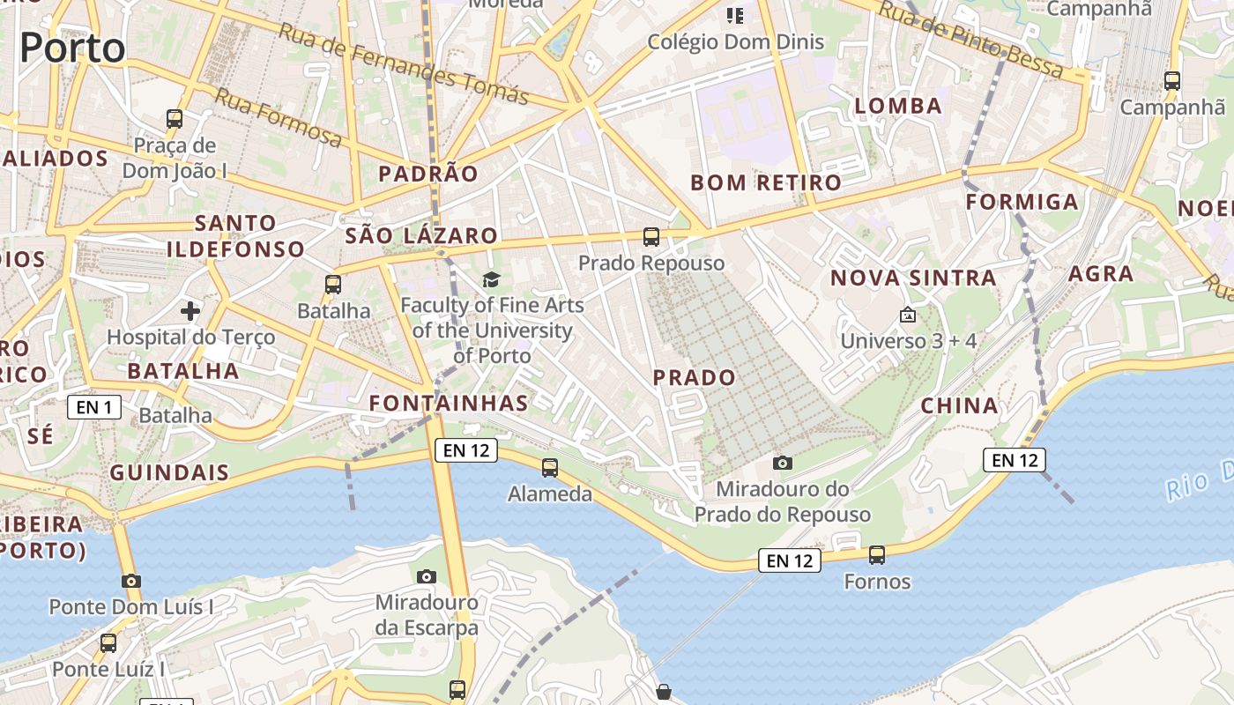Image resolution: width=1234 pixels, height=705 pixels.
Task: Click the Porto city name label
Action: [x=72, y=48]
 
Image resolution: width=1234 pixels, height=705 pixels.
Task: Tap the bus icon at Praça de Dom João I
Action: [x=175, y=118]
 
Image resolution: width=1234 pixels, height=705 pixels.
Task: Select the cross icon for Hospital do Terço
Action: [x=190, y=310]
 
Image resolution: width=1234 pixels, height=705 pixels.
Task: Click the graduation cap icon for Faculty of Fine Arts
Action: [x=491, y=279]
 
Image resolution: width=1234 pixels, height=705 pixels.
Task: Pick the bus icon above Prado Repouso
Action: [x=651, y=236]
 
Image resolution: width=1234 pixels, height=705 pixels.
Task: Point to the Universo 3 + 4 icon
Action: [x=908, y=315]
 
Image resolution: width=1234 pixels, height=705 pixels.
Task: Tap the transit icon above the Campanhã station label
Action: [x=1172, y=81]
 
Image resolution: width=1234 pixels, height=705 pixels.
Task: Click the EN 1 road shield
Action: [x=94, y=407]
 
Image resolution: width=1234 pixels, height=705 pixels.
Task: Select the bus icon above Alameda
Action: [x=550, y=467]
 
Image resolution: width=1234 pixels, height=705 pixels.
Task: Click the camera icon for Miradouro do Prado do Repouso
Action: [x=782, y=463]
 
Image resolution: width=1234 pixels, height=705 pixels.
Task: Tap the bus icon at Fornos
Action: [x=877, y=554]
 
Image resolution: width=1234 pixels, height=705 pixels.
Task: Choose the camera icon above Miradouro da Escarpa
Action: [x=427, y=576]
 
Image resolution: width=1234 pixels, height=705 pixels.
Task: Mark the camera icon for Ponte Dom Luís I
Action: [x=131, y=581]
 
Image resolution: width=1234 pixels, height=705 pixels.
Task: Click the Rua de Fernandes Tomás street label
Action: [x=404, y=63]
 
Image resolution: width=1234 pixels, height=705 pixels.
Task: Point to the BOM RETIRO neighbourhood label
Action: [x=766, y=182]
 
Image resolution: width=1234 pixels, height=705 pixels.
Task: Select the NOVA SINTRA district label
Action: [x=913, y=278]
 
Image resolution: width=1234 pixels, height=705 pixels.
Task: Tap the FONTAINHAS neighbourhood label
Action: [x=448, y=404]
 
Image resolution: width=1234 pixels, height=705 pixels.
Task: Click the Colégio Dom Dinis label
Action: [x=736, y=41]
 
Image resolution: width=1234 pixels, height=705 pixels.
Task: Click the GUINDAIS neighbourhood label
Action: [x=169, y=472]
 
